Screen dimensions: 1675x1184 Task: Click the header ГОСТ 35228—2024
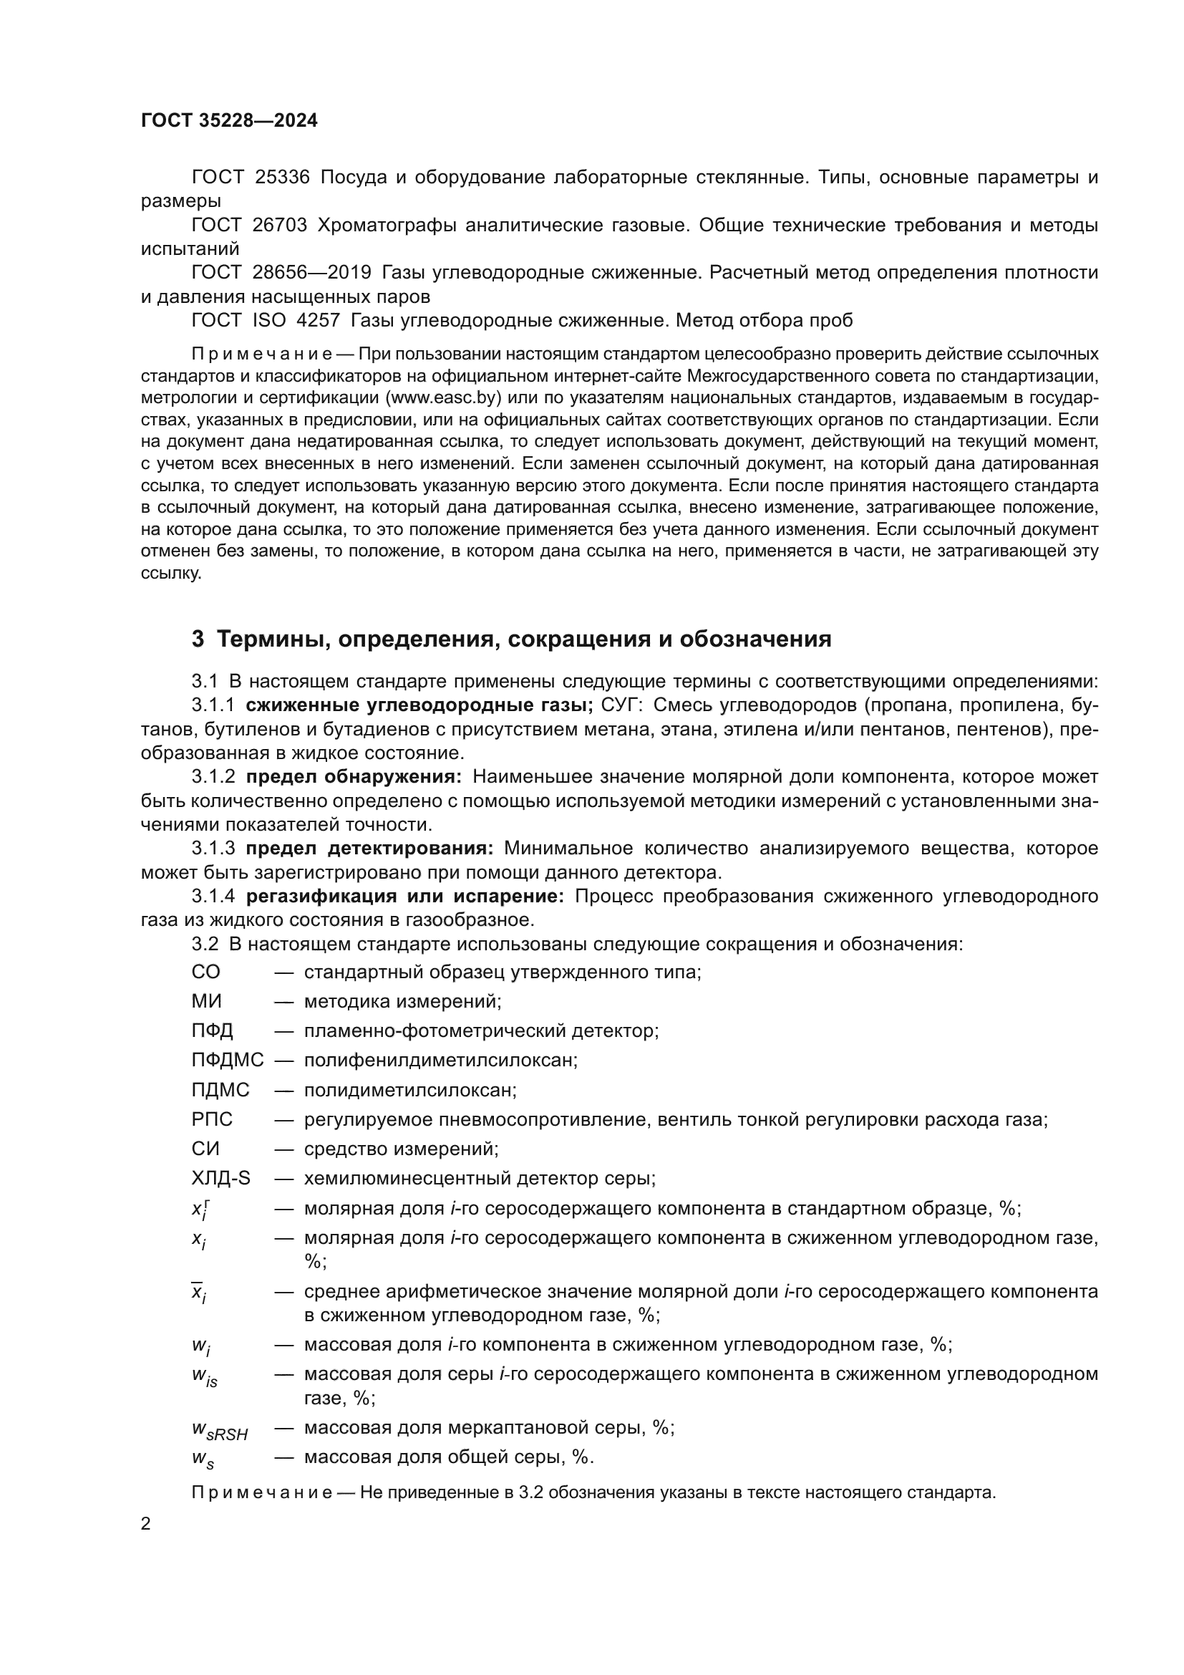[x=229, y=121]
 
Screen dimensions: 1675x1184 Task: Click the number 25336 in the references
[x=282, y=178]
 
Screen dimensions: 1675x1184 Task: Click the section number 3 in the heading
[x=198, y=639]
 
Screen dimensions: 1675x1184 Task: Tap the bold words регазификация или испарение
[x=404, y=896]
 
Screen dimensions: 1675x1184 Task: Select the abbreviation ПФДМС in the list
[x=228, y=1061]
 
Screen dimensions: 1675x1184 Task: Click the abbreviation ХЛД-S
[x=220, y=1178]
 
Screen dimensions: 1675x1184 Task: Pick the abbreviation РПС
[x=212, y=1119]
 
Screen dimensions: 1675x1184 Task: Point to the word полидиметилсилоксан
[x=410, y=1090]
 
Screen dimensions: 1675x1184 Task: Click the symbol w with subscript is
[x=205, y=1376]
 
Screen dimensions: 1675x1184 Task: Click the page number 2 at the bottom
[x=146, y=1524]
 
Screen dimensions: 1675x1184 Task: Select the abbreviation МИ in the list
[x=206, y=1002]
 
